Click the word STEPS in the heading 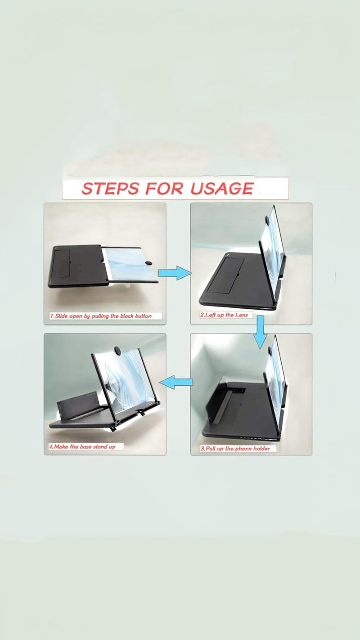click(111, 189)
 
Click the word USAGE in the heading click(222, 188)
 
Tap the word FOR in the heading click(164, 189)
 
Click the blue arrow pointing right click(174, 273)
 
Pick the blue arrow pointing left click(176, 382)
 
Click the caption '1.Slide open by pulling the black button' click(101, 316)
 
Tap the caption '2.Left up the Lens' click(224, 315)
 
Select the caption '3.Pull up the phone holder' click(235, 449)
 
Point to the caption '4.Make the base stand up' click(82, 446)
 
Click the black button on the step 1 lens click(148, 263)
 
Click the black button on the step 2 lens click(267, 220)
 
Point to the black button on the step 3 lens click(270, 351)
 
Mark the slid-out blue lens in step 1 click(130, 265)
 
